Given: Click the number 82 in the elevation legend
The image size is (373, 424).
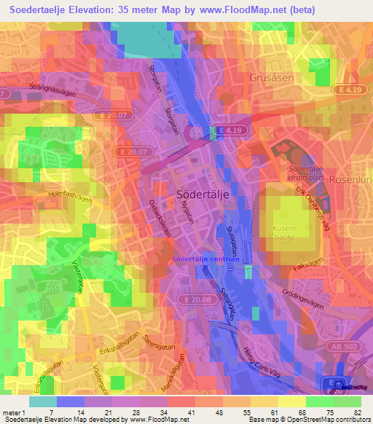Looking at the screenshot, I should (359, 412).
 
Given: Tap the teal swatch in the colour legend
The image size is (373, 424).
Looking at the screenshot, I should (43, 401).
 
